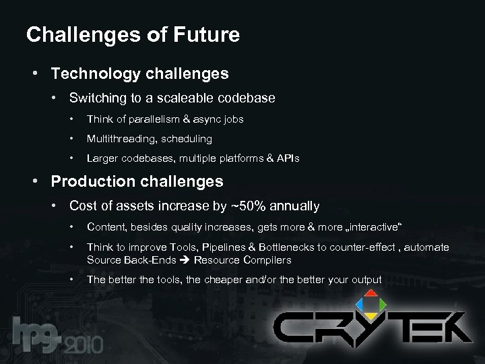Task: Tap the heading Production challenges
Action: click(x=137, y=181)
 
